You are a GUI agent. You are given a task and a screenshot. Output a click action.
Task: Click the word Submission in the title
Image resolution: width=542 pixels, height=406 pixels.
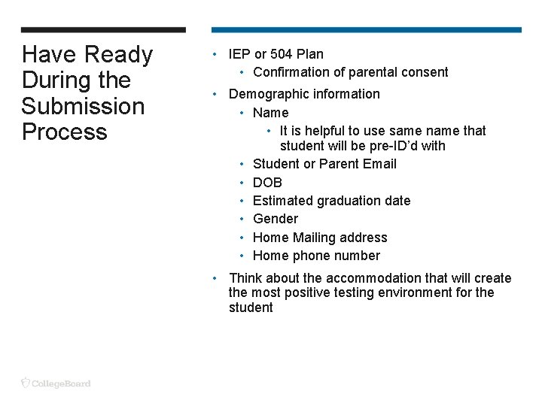[83, 106]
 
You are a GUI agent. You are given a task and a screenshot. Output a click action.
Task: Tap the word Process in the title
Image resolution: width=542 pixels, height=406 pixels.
[65, 132]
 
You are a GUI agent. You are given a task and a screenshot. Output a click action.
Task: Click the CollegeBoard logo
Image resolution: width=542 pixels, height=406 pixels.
[56, 383]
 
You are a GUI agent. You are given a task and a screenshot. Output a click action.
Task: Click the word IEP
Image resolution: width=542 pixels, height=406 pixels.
[241, 54]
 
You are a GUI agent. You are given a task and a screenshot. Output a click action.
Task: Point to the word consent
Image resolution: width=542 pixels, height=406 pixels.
[425, 72]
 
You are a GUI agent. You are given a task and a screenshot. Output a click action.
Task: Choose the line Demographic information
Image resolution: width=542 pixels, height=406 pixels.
[304, 94]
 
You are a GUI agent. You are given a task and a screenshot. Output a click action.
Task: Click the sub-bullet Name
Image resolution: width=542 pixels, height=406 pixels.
[271, 113]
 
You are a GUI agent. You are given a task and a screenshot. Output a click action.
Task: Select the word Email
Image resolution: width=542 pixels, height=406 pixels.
[379, 164]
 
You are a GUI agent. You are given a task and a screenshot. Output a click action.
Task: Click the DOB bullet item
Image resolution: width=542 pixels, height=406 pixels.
[267, 182]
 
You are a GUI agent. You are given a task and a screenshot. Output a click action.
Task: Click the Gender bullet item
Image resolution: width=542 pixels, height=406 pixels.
[276, 219]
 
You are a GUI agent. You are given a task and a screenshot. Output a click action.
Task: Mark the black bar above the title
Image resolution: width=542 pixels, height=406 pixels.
[103, 30]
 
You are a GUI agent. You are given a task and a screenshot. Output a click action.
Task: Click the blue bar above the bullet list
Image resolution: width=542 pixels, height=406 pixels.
[366, 30]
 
